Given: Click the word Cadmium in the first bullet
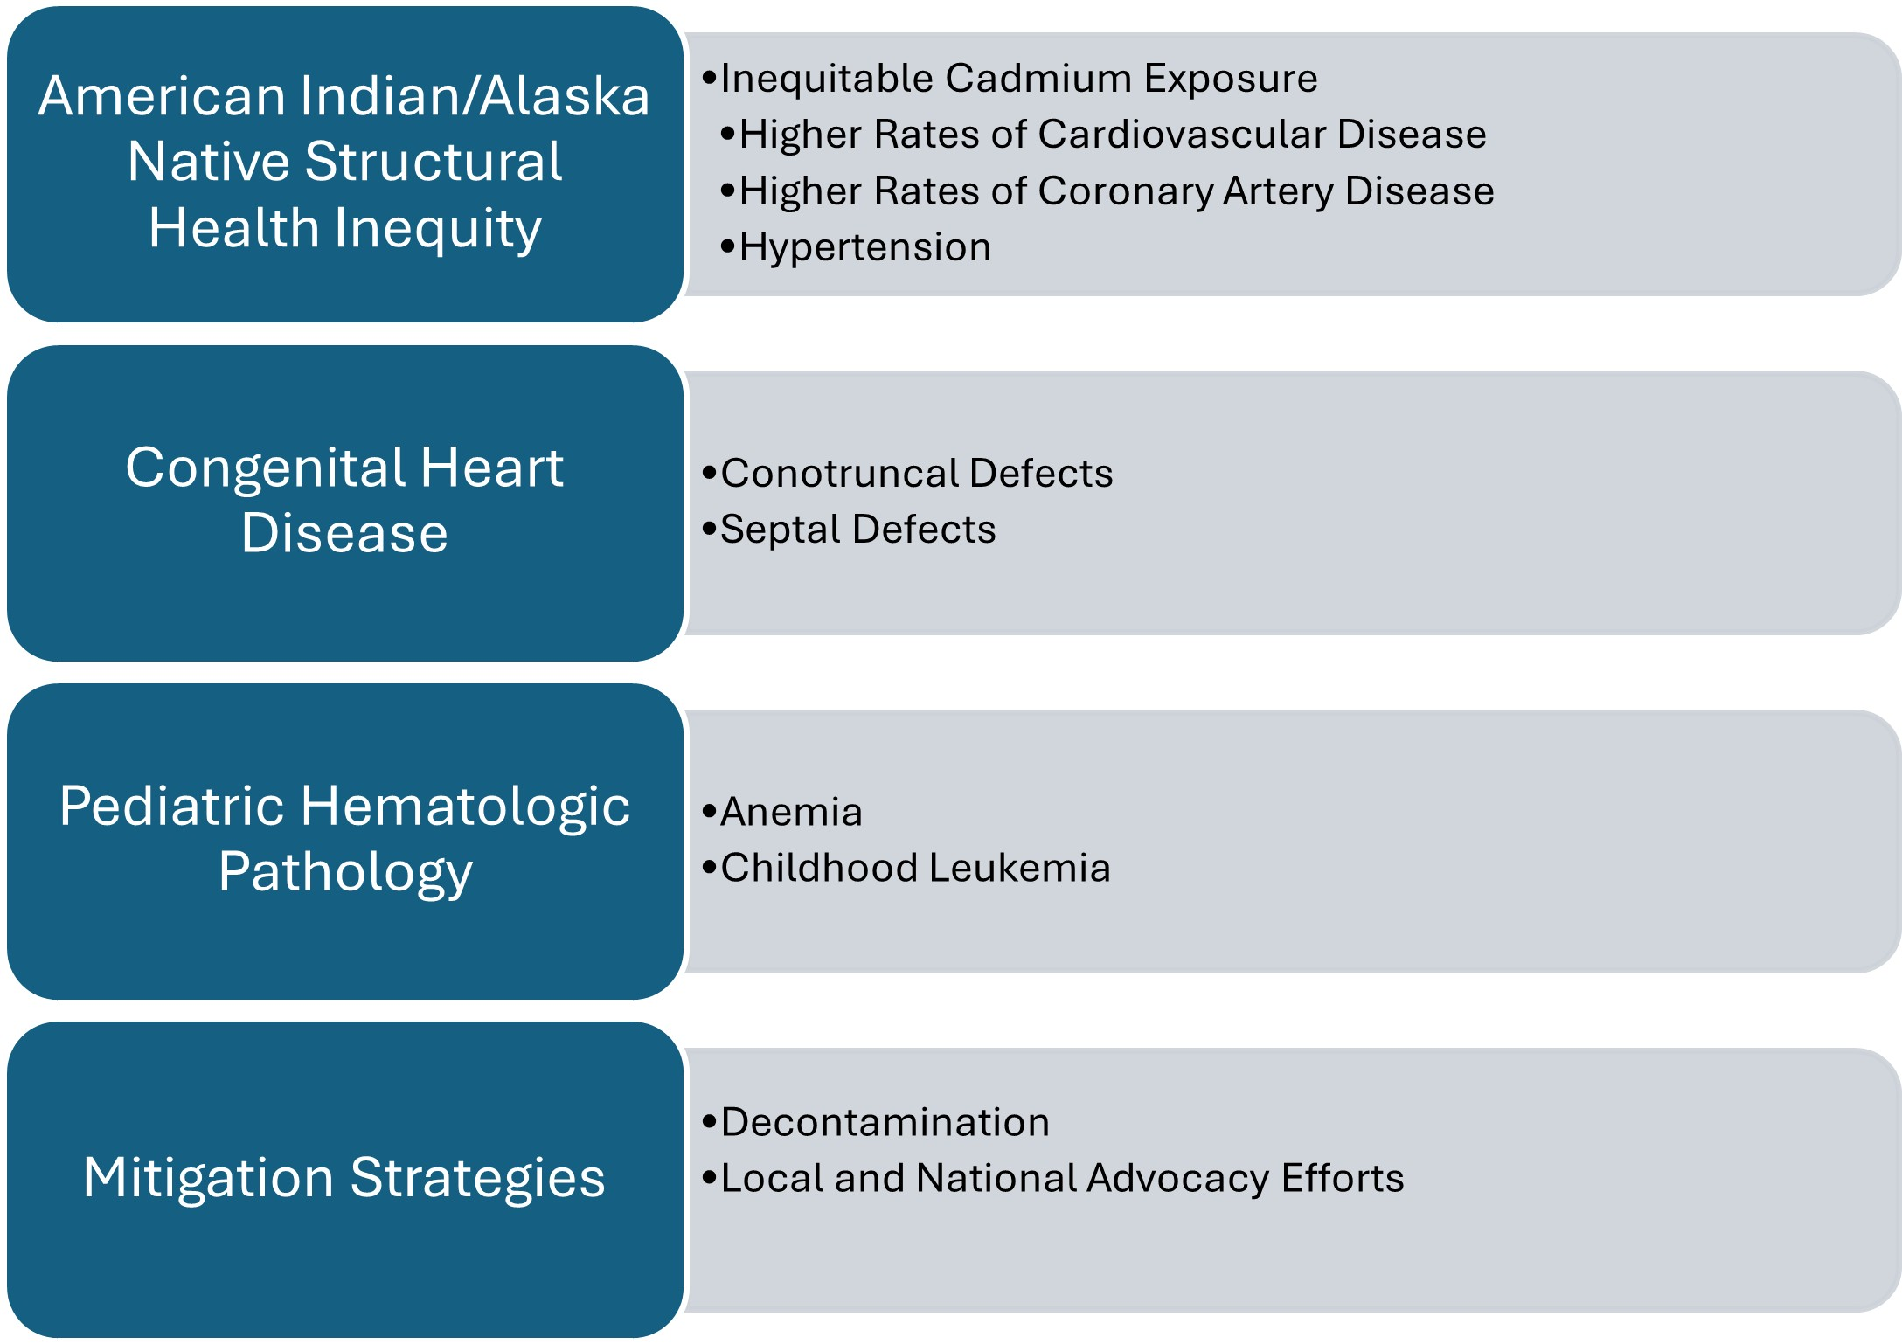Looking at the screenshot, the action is click(x=1036, y=78).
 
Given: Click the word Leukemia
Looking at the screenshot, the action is click(x=1019, y=868).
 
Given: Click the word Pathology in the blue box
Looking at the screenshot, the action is click(x=346, y=873).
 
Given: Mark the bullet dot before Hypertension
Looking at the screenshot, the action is click(x=727, y=247).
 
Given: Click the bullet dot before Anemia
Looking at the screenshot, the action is click(x=709, y=812).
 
